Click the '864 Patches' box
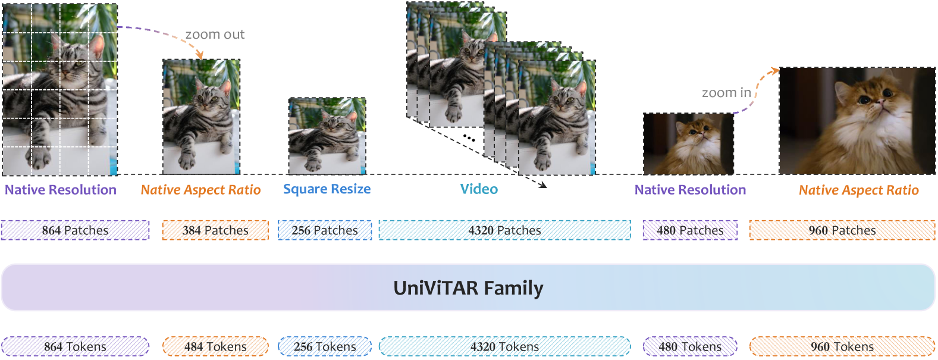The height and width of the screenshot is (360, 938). click(75, 230)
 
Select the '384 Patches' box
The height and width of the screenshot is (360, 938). click(215, 230)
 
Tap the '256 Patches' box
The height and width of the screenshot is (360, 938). click(325, 230)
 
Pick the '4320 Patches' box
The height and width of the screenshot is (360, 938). click(504, 230)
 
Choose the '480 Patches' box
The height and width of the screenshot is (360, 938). click(690, 230)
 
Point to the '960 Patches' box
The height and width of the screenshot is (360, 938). click(842, 230)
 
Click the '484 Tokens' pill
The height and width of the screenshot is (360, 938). click(215, 346)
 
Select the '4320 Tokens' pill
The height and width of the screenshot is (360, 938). click(504, 346)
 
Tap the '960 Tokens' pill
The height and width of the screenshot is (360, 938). click(842, 346)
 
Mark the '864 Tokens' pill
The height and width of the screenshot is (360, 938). click(75, 346)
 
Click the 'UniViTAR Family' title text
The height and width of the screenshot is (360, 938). click(468, 288)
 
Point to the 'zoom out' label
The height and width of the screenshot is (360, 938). click(215, 35)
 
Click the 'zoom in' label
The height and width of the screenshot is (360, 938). click(726, 93)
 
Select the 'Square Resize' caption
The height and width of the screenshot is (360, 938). click(327, 189)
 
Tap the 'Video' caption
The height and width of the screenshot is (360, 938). click(479, 189)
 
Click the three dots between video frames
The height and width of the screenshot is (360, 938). click(469, 138)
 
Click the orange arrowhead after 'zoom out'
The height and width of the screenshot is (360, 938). click(200, 55)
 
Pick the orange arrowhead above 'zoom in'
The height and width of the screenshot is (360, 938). click(774, 71)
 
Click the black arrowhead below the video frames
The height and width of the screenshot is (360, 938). click(542, 185)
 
